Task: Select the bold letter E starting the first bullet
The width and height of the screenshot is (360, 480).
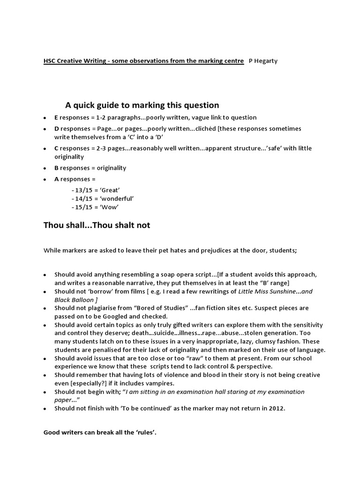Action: (x=56, y=117)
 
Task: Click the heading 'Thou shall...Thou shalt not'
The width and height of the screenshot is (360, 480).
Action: (x=97, y=225)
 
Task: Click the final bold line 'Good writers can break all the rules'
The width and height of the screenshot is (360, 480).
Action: (x=100, y=432)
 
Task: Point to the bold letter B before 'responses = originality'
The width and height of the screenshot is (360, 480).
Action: (x=56, y=168)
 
